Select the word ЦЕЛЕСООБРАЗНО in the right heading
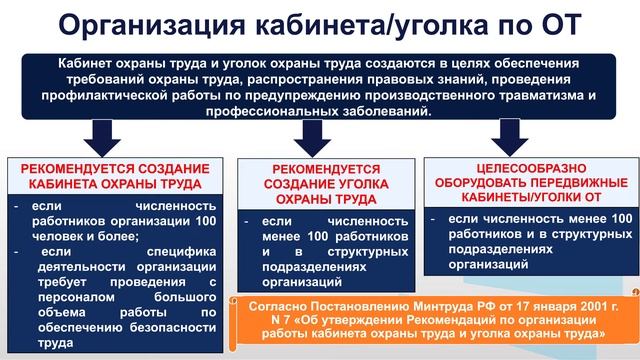(525, 167)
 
